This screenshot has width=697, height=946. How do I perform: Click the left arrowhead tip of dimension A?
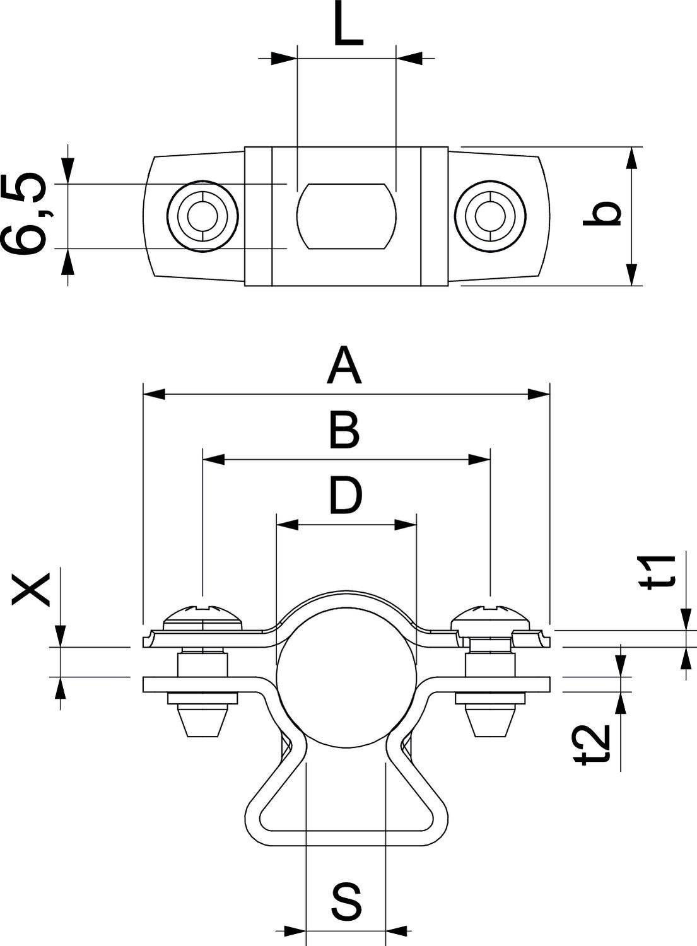click(144, 395)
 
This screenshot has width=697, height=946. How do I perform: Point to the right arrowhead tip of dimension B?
click(490, 460)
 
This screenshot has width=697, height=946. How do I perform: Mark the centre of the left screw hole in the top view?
click(202, 216)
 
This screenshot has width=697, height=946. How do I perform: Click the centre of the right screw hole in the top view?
click(491, 216)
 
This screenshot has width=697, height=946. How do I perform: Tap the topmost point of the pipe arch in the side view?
click(346, 592)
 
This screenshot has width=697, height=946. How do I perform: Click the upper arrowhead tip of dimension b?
click(631, 148)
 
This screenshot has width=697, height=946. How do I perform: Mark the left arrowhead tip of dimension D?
click(276, 525)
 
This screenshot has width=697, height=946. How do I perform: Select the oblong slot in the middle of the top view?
click(346, 216)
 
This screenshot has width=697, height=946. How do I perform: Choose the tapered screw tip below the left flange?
click(203, 720)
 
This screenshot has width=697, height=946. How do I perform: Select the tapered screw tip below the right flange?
click(491, 720)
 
